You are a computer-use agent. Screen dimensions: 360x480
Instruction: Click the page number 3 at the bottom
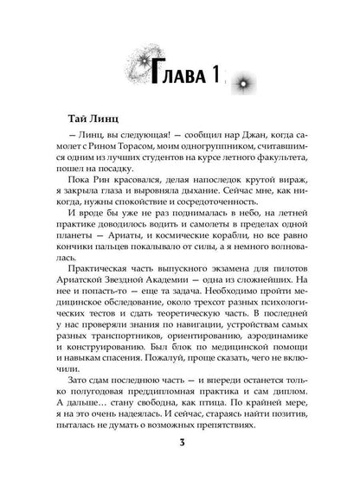pyautogui.click(x=180, y=445)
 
